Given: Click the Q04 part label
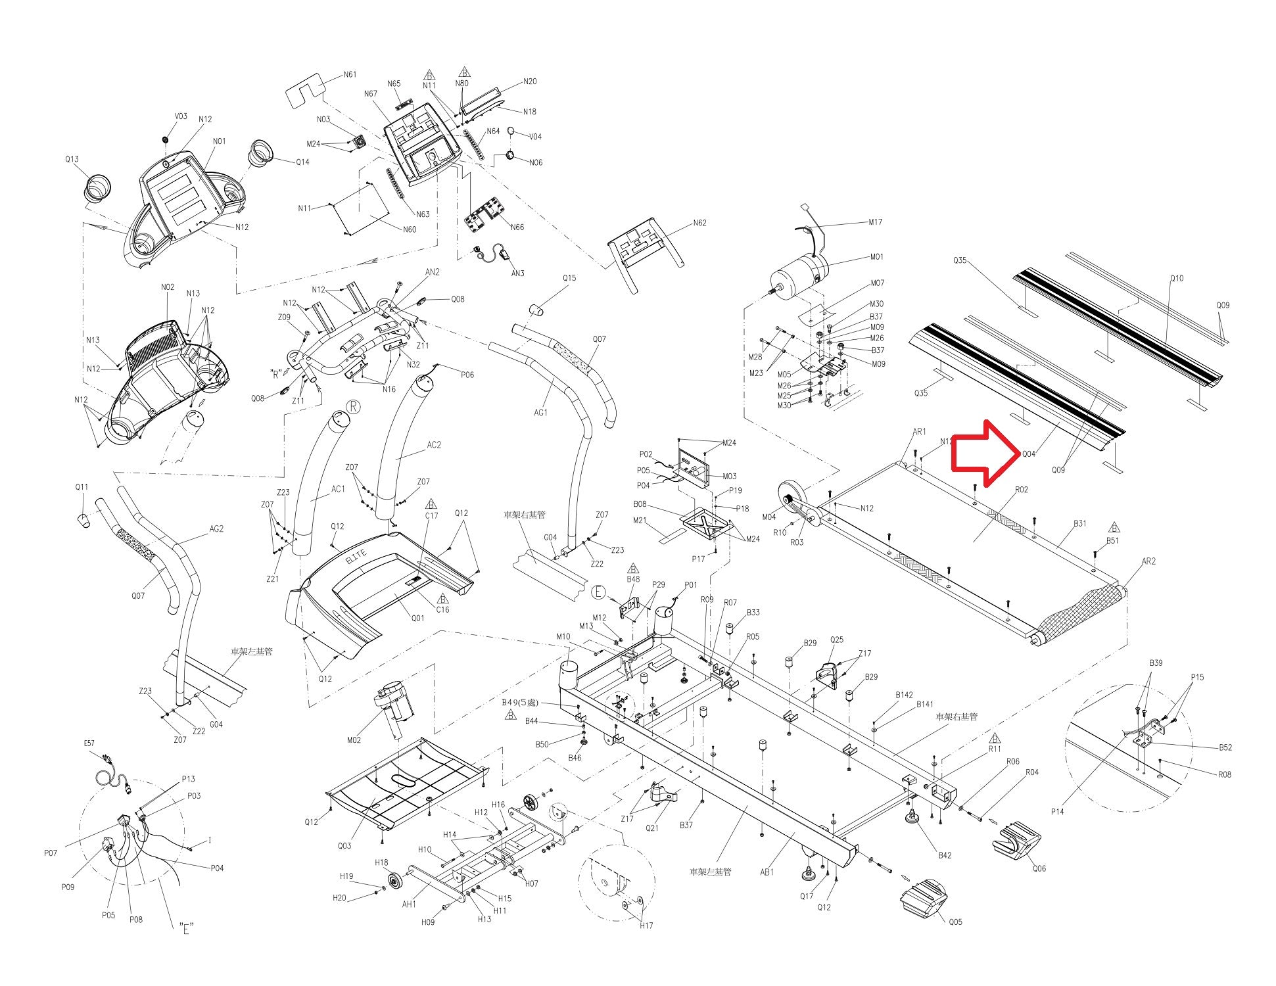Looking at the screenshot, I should click(1028, 454).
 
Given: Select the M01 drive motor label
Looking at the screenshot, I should click(876, 257).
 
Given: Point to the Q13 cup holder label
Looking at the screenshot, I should click(72, 159).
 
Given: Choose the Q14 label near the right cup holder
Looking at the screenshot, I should click(302, 162).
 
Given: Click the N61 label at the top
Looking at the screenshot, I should click(350, 75).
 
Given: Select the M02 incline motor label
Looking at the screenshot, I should click(354, 739).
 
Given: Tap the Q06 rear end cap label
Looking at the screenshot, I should click(1039, 868).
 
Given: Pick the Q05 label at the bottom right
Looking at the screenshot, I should click(955, 922).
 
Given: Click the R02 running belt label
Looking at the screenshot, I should click(1021, 490).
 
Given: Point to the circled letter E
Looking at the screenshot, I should click(598, 592).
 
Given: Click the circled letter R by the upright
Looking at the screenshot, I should click(353, 406).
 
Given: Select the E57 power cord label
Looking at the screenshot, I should click(89, 743).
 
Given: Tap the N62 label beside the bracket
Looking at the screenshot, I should click(699, 223).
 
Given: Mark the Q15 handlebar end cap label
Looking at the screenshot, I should click(569, 278).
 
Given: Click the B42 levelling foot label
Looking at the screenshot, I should click(945, 855).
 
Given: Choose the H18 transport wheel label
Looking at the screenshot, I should click(381, 862).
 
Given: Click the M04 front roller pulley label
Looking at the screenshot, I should click(768, 517).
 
